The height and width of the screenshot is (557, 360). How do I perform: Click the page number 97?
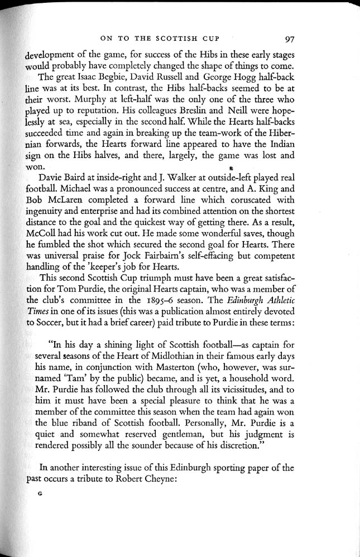(289, 39)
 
